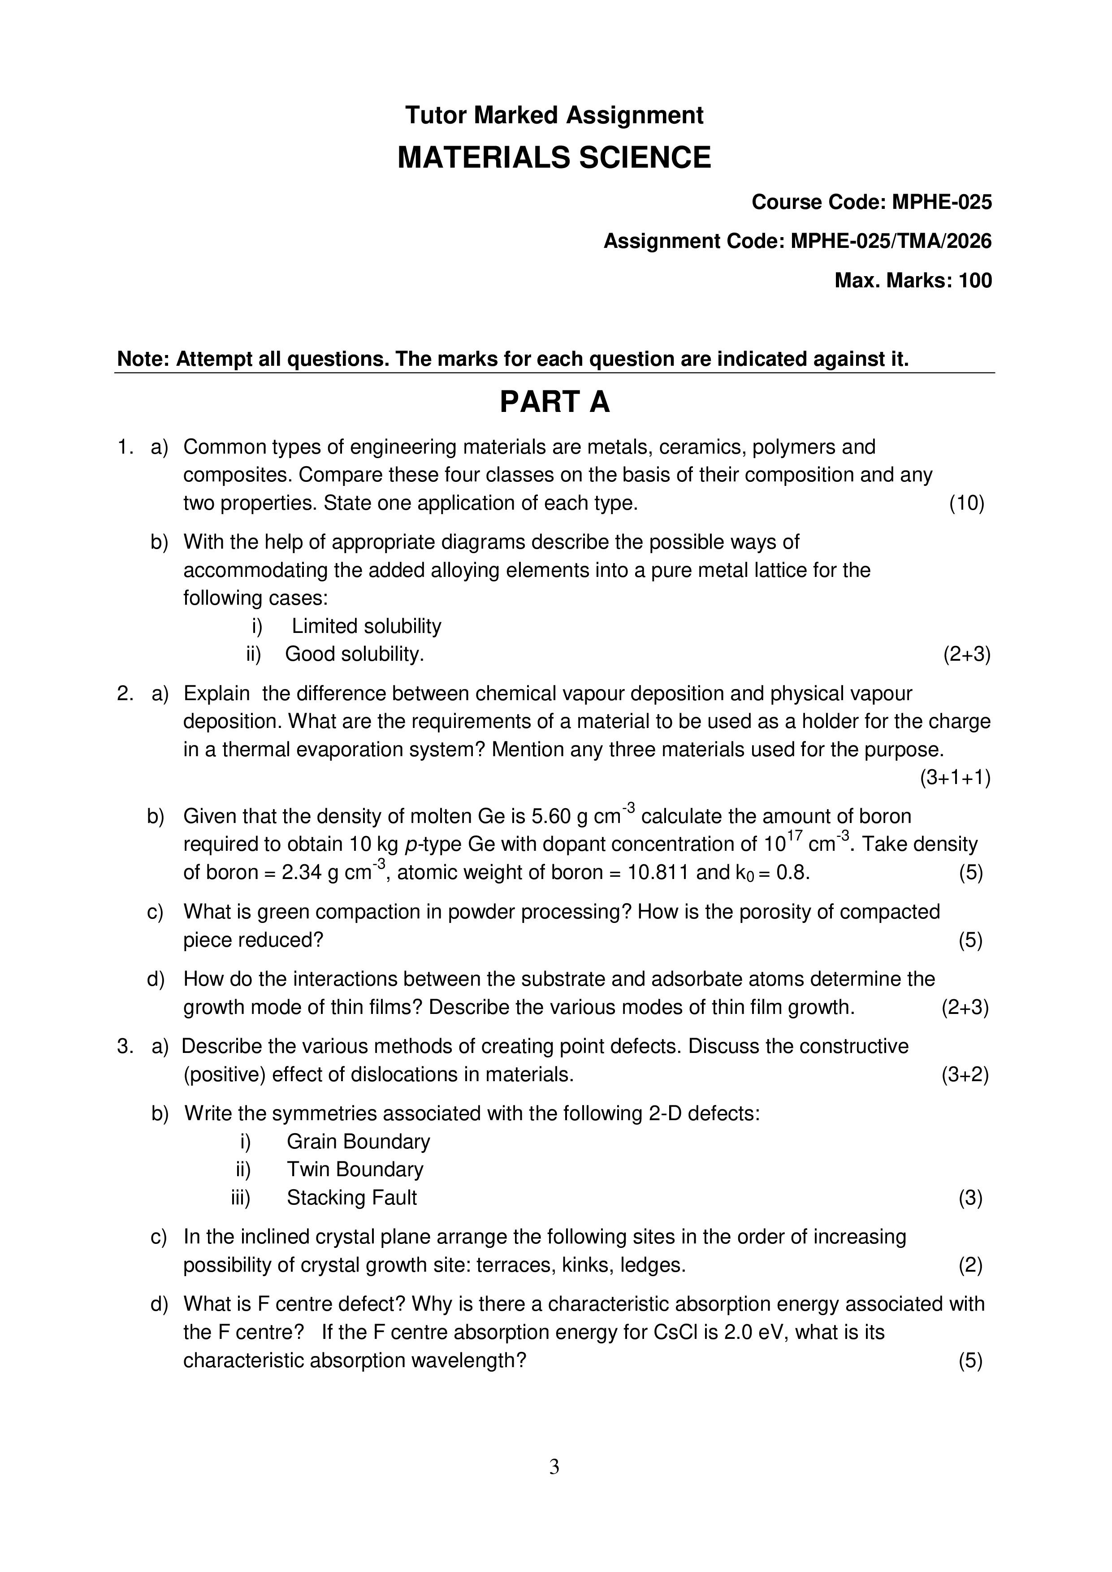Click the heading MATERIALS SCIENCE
click(554, 158)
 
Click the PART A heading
click(554, 402)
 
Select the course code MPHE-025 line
click(871, 202)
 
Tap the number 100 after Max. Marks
click(975, 281)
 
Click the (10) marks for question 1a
click(966, 504)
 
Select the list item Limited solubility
click(366, 627)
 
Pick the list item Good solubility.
click(355, 654)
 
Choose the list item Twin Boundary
click(355, 1169)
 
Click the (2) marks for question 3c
click(970, 1265)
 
